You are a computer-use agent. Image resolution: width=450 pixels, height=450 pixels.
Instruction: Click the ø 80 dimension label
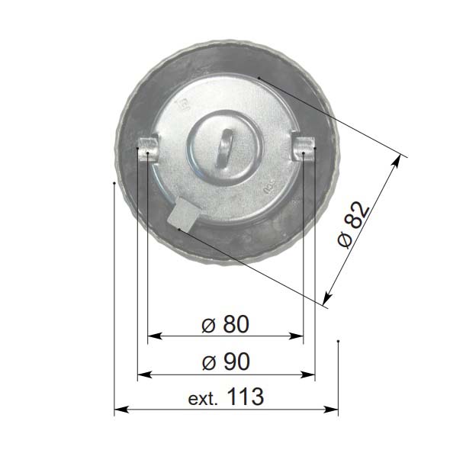tap(225, 324)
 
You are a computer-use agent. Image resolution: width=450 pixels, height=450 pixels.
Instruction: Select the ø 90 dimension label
tap(226, 362)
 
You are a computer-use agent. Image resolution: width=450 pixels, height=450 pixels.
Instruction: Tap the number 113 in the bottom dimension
tap(246, 397)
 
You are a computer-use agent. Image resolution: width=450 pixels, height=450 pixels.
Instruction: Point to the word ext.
tap(203, 399)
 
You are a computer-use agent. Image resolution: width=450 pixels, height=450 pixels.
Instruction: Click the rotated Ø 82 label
tap(353, 225)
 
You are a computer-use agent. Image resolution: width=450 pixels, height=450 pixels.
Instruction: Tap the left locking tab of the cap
tap(149, 149)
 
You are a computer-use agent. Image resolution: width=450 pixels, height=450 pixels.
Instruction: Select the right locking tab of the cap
tap(304, 149)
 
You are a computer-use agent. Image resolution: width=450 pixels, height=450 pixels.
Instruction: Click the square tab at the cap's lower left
tap(183, 215)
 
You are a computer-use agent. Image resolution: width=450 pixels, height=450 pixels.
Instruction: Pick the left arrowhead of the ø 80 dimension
tap(155, 336)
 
